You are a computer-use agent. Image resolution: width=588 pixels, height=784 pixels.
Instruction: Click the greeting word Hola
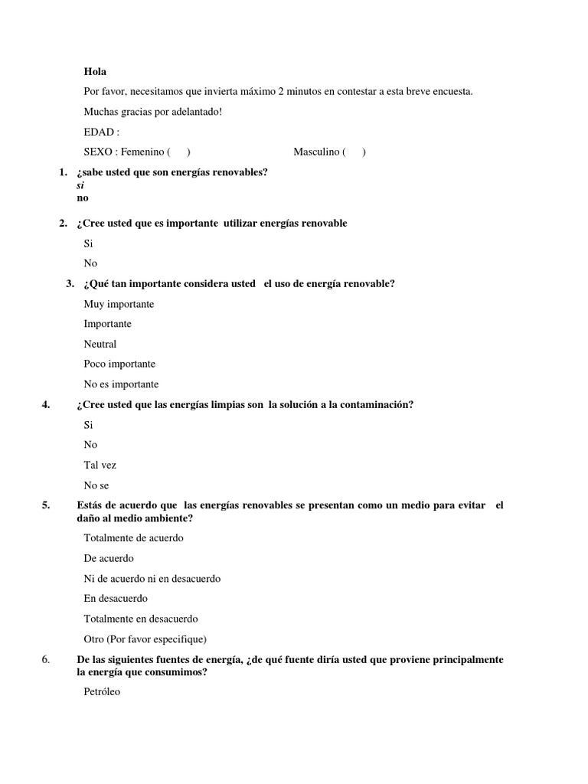click(95, 72)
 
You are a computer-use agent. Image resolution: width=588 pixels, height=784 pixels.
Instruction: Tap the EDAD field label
click(101, 132)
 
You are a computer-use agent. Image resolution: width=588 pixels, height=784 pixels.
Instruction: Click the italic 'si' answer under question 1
click(80, 185)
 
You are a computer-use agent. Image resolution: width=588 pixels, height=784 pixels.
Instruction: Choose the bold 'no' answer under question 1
click(83, 198)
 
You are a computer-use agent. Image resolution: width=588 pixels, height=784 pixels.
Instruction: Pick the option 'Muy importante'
click(119, 304)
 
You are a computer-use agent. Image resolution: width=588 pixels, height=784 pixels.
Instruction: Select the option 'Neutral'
click(100, 344)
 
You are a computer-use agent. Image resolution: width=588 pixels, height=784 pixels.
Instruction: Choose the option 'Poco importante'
click(119, 364)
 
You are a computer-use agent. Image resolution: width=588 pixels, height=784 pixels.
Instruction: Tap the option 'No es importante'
click(121, 384)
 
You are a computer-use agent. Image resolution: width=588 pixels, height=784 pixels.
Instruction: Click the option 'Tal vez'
click(100, 465)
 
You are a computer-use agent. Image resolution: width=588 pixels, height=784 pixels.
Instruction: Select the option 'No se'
click(96, 485)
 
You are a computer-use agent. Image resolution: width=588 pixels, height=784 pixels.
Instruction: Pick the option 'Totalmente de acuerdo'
click(133, 537)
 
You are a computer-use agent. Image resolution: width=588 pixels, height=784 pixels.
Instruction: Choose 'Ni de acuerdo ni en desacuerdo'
click(152, 579)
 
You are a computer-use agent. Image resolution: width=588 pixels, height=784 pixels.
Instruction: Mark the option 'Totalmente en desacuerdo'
click(140, 619)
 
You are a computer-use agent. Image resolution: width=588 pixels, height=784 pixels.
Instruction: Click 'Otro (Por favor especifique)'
click(145, 639)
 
